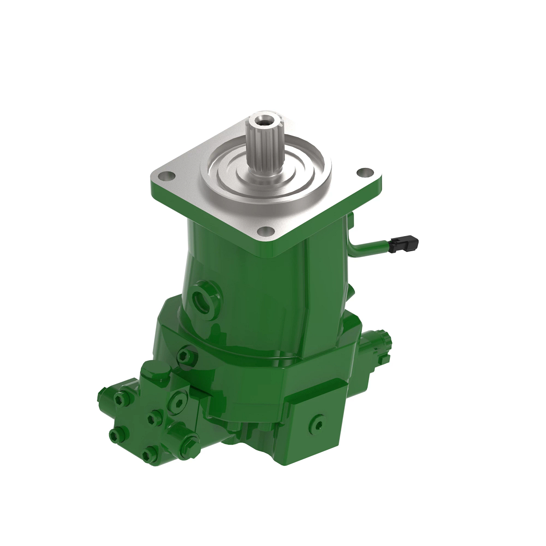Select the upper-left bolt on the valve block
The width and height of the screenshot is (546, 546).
pos(120,399)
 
